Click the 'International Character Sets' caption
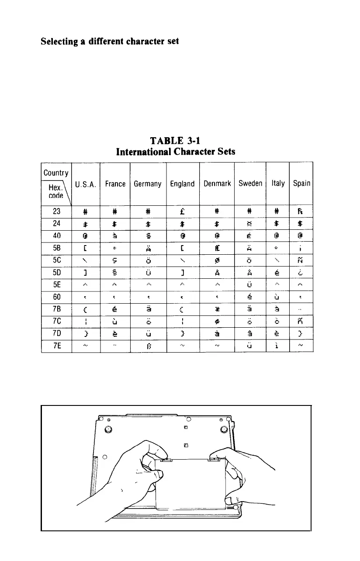(176, 152)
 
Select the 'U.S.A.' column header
(86, 184)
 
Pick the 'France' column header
(115, 184)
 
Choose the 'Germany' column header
(148, 184)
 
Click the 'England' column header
(182, 184)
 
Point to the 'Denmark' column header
(217, 184)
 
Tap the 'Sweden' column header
(250, 184)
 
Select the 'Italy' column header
(278, 184)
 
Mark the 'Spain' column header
(301, 184)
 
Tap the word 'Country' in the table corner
(56, 173)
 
